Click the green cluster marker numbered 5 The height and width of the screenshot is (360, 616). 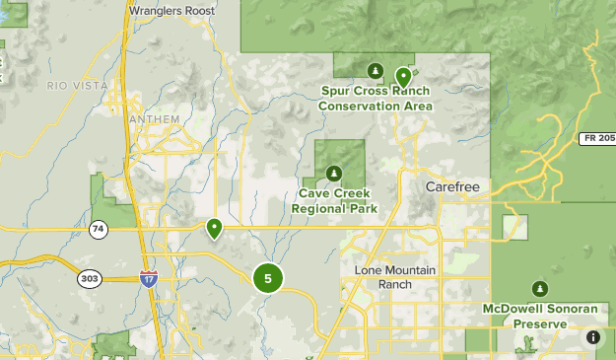click(267, 278)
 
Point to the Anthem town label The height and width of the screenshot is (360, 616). click(155, 119)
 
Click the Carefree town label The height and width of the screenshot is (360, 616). click(451, 186)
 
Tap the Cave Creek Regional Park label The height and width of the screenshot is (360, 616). click(334, 201)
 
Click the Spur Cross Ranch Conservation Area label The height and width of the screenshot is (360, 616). click(376, 99)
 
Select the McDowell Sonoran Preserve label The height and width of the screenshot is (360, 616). click(539, 316)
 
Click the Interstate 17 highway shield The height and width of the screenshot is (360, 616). click(148, 279)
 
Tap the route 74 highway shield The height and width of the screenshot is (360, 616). click(98, 230)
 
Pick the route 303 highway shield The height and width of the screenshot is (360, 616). click(90, 279)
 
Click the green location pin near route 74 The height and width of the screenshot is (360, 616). click(214, 229)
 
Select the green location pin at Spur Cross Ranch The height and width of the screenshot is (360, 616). click(402, 76)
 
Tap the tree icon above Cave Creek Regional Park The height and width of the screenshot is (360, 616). click(334, 175)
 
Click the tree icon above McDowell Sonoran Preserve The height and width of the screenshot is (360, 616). click(539, 289)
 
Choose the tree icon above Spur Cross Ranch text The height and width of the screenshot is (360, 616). click(375, 71)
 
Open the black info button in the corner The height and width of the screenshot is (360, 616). click(593, 337)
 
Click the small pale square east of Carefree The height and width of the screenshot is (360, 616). click(514, 227)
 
